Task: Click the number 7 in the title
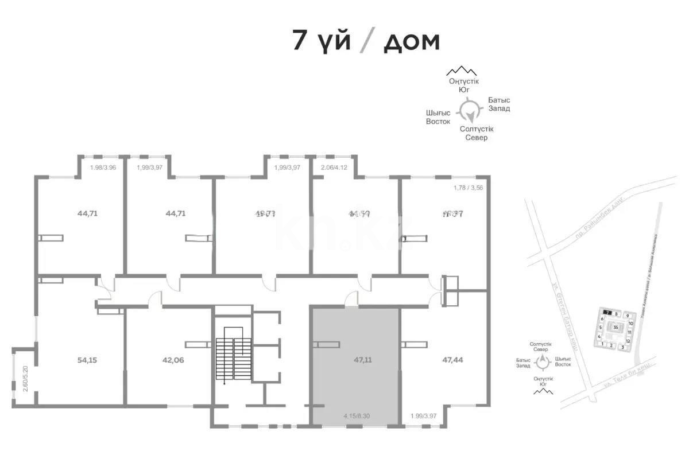tap(299, 41)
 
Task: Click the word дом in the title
tap(411, 41)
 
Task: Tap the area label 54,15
tap(87, 360)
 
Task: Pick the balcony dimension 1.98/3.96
tap(103, 168)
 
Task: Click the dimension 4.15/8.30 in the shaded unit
tap(355, 416)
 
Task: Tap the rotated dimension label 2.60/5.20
tap(25, 379)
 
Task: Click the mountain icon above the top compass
tap(462, 71)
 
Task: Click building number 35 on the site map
tap(616, 328)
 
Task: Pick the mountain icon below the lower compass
tap(543, 391)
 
